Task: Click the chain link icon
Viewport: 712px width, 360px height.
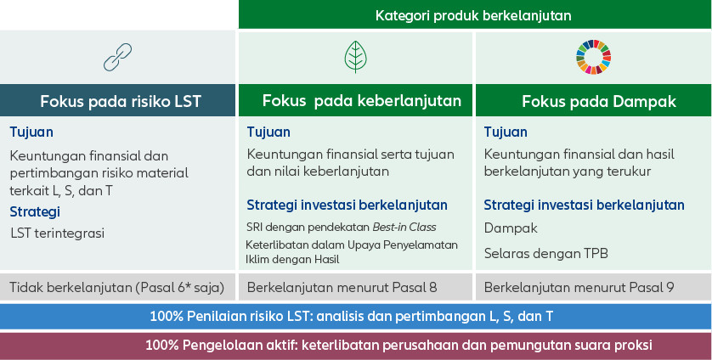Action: pyautogui.click(x=118, y=57)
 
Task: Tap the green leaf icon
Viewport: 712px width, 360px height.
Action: pyautogui.click(x=355, y=56)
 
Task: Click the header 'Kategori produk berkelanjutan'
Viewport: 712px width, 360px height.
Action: pyautogui.click(x=473, y=14)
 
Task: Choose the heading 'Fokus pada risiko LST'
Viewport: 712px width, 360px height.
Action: pyautogui.click(x=120, y=101)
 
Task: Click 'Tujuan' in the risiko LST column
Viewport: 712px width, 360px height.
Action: pyautogui.click(x=31, y=132)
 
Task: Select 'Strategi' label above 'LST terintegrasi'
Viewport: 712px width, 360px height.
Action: pyautogui.click(x=35, y=211)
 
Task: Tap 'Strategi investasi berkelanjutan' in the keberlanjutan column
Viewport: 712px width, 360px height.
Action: pyautogui.click(x=347, y=205)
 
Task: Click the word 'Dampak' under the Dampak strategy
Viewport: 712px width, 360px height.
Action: pyautogui.click(x=511, y=228)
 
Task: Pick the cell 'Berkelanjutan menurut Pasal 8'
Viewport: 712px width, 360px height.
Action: pyautogui.click(x=342, y=287)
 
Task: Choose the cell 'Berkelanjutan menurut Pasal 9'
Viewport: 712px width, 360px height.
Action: pyautogui.click(x=579, y=287)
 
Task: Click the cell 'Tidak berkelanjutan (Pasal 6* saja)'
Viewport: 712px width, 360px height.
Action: pyautogui.click(x=116, y=287)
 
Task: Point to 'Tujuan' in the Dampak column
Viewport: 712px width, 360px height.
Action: pyautogui.click(x=506, y=132)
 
